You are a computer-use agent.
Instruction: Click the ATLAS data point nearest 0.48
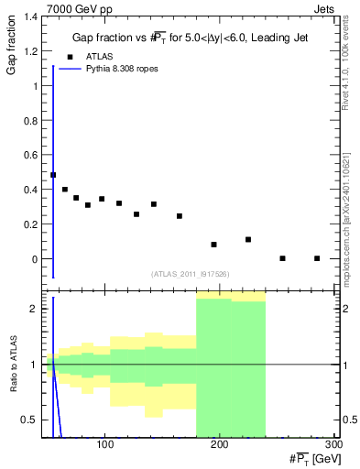point(53,175)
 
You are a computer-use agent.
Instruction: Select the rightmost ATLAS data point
point(317,258)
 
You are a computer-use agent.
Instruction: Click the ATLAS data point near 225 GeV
point(248,239)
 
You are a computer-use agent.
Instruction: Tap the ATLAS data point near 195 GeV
point(213,245)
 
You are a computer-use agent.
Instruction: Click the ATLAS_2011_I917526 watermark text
point(190,274)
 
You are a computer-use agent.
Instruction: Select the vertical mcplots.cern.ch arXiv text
point(345,211)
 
